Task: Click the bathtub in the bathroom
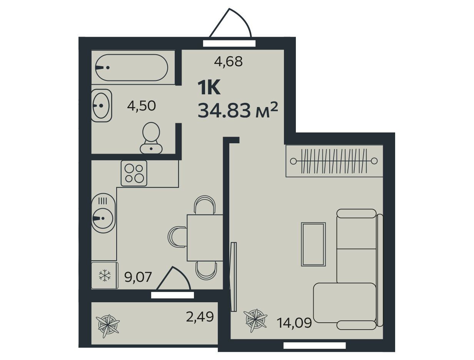tap(132, 67)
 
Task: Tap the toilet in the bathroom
tap(151, 138)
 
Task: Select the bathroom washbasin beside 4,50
tap(102, 105)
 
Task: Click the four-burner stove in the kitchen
tap(134, 173)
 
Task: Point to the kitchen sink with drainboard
tap(103, 213)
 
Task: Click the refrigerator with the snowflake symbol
tap(105, 275)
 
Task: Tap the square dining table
tap(205, 238)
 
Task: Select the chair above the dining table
tap(205, 205)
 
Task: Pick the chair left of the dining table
tap(177, 236)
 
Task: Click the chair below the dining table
tap(206, 271)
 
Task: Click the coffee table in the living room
tap(313, 244)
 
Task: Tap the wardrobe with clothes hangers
tap(334, 161)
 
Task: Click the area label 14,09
tap(294, 323)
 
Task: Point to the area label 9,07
tap(138, 277)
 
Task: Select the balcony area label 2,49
tap(200, 316)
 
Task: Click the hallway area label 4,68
tap(229, 61)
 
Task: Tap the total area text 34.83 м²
tap(237, 110)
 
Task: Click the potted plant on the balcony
tap(108, 326)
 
